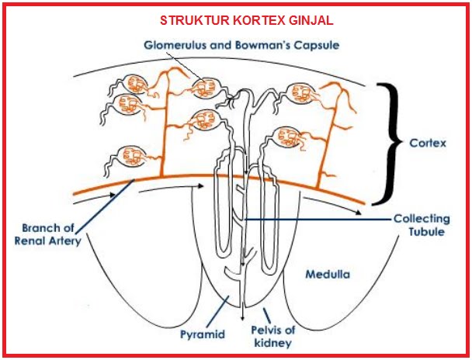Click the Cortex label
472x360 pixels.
(x=427, y=144)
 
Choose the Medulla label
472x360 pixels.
(x=327, y=275)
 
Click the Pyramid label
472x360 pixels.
(x=202, y=335)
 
